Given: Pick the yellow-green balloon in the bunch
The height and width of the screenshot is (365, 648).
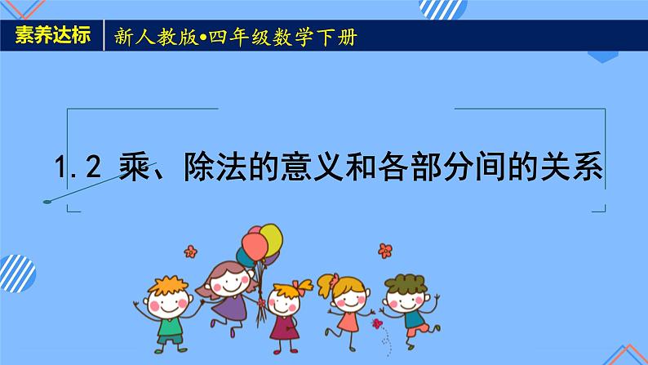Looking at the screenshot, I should tap(271, 238).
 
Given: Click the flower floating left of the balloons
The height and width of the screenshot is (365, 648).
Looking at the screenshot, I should tap(190, 250).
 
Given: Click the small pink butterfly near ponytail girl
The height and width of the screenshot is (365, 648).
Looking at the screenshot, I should tap(378, 325).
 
